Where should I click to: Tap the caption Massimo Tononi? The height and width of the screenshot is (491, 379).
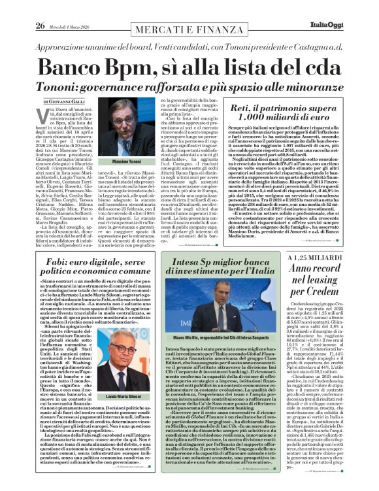click(x=127, y=161)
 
